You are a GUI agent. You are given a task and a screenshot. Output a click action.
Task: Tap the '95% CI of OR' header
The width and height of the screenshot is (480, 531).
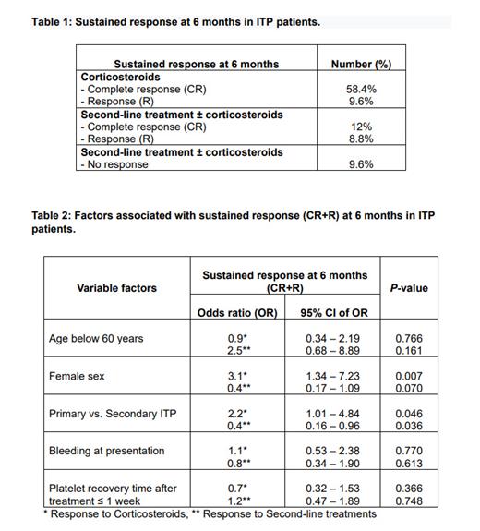point(334,313)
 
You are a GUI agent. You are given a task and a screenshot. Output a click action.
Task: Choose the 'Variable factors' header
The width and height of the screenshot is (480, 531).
point(116,288)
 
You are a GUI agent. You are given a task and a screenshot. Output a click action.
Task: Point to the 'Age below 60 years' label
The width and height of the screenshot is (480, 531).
point(98,339)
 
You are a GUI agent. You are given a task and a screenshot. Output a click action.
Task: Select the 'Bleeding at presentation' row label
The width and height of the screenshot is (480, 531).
point(106,452)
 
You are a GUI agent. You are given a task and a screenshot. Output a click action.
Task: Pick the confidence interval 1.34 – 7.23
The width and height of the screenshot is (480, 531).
point(334,377)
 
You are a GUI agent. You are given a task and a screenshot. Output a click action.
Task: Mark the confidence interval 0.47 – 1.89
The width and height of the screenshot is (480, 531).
point(334,501)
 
